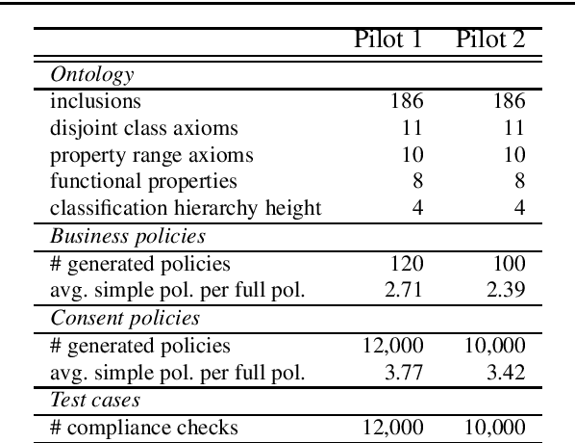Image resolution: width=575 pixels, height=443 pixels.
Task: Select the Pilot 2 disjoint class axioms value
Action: pyautogui.click(x=513, y=128)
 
